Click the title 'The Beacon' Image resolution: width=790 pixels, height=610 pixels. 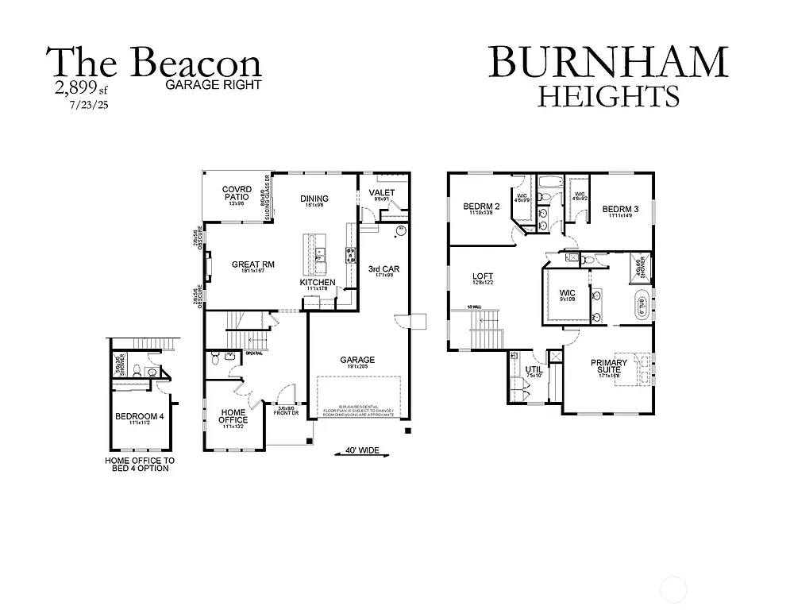coord(155,64)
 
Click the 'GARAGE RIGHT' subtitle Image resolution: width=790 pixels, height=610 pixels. coord(214,83)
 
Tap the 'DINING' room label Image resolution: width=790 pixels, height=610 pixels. coord(314,199)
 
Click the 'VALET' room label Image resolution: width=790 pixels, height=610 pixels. coord(382,192)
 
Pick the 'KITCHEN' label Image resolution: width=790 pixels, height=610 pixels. coord(318,283)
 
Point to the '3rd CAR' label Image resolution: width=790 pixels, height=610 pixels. coord(383,269)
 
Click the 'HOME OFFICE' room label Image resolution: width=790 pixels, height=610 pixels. coord(233,415)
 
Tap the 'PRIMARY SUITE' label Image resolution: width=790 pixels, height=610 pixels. coord(608,367)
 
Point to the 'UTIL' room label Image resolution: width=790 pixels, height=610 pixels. coord(533,369)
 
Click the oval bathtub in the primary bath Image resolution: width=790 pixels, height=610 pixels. coord(639,306)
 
